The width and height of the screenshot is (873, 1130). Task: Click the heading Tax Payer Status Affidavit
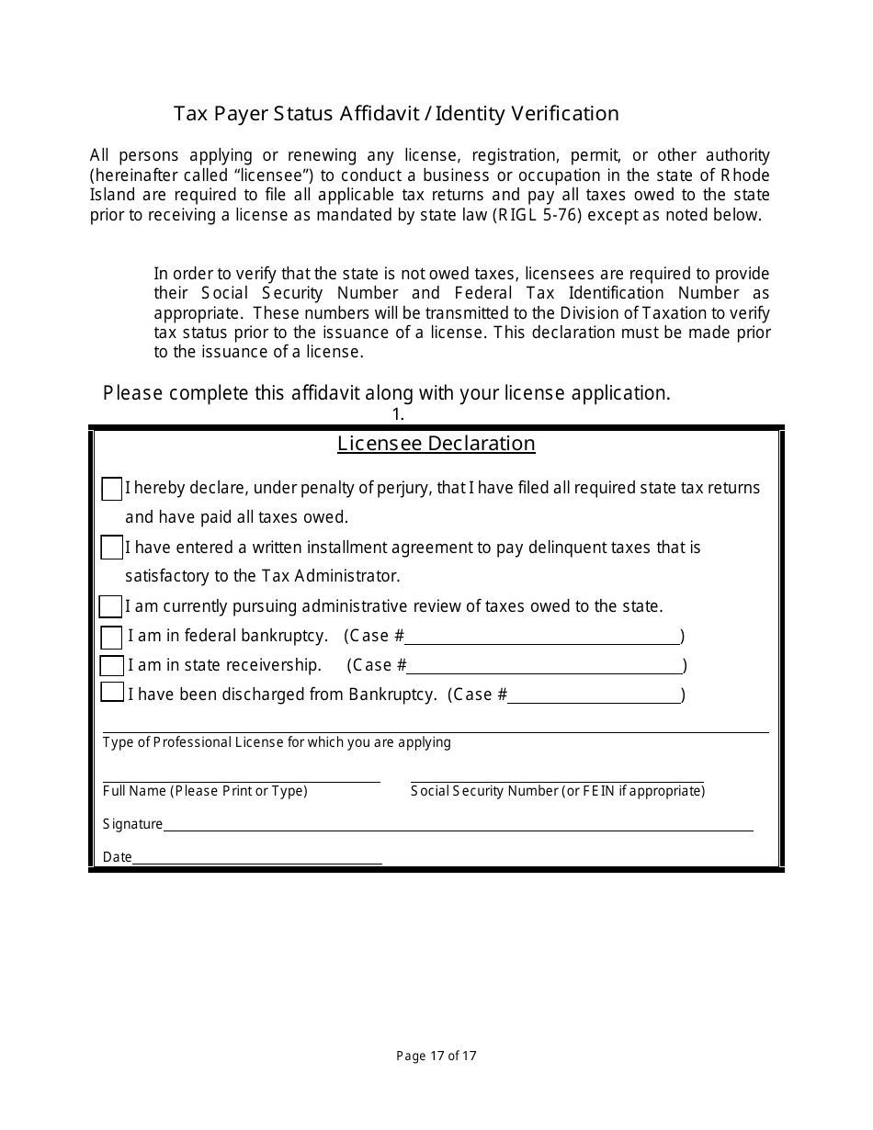(396, 114)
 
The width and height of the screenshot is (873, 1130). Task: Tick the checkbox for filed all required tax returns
(111, 489)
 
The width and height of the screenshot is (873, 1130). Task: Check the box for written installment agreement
(111, 548)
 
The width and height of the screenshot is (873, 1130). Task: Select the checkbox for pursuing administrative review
(110, 606)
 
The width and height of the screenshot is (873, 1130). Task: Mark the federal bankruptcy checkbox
(111, 637)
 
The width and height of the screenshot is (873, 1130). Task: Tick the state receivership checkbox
(111, 665)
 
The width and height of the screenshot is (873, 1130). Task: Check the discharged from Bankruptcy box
(111, 693)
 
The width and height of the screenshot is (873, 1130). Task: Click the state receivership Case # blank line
(545, 671)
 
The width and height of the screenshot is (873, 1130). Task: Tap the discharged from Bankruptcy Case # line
(595, 700)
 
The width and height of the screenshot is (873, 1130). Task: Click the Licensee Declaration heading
(436, 444)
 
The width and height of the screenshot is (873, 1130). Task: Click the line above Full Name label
(241, 780)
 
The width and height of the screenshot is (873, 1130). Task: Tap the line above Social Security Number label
(557, 780)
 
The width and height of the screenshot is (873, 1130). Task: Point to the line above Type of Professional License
(436, 731)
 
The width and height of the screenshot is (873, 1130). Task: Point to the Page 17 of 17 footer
(436, 1056)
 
